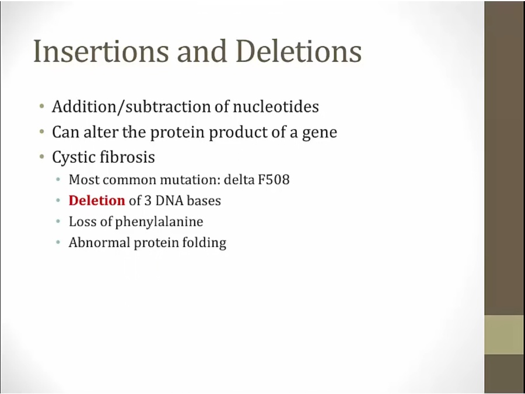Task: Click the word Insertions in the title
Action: click(x=101, y=51)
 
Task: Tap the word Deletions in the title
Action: click(x=299, y=51)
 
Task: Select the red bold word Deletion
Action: click(x=97, y=200)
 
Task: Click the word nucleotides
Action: click(x=275, y=107)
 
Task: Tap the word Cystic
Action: click(x=71, y=158)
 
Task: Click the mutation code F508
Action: click(x=274, y=180)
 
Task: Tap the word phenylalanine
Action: click(x=159, y=222)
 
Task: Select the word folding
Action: click(x=204, y=243)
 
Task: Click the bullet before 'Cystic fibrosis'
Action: click(x=41, y=156)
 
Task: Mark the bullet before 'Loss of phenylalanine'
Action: click(x=58, y=221)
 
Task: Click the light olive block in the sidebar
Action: click(x=505, y=334)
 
